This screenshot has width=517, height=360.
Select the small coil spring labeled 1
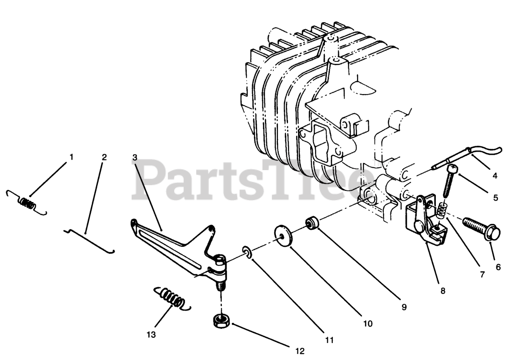click(x=27, y=202)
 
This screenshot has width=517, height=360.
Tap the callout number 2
click(x=104, y=157)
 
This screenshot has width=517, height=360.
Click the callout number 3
click(x=135, y=157)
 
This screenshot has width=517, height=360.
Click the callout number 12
click(x=300, y=351)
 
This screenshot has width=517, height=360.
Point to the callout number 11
click(x=330, y=340)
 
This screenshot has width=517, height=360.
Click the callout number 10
click(x=368, y=323)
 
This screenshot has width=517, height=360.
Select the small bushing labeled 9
click(x=312, y=223)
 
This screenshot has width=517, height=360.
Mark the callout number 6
click(x=498, y=267)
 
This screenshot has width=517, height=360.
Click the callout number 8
click(x=443, y=291)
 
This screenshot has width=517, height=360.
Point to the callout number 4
click(x=495, y=176)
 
